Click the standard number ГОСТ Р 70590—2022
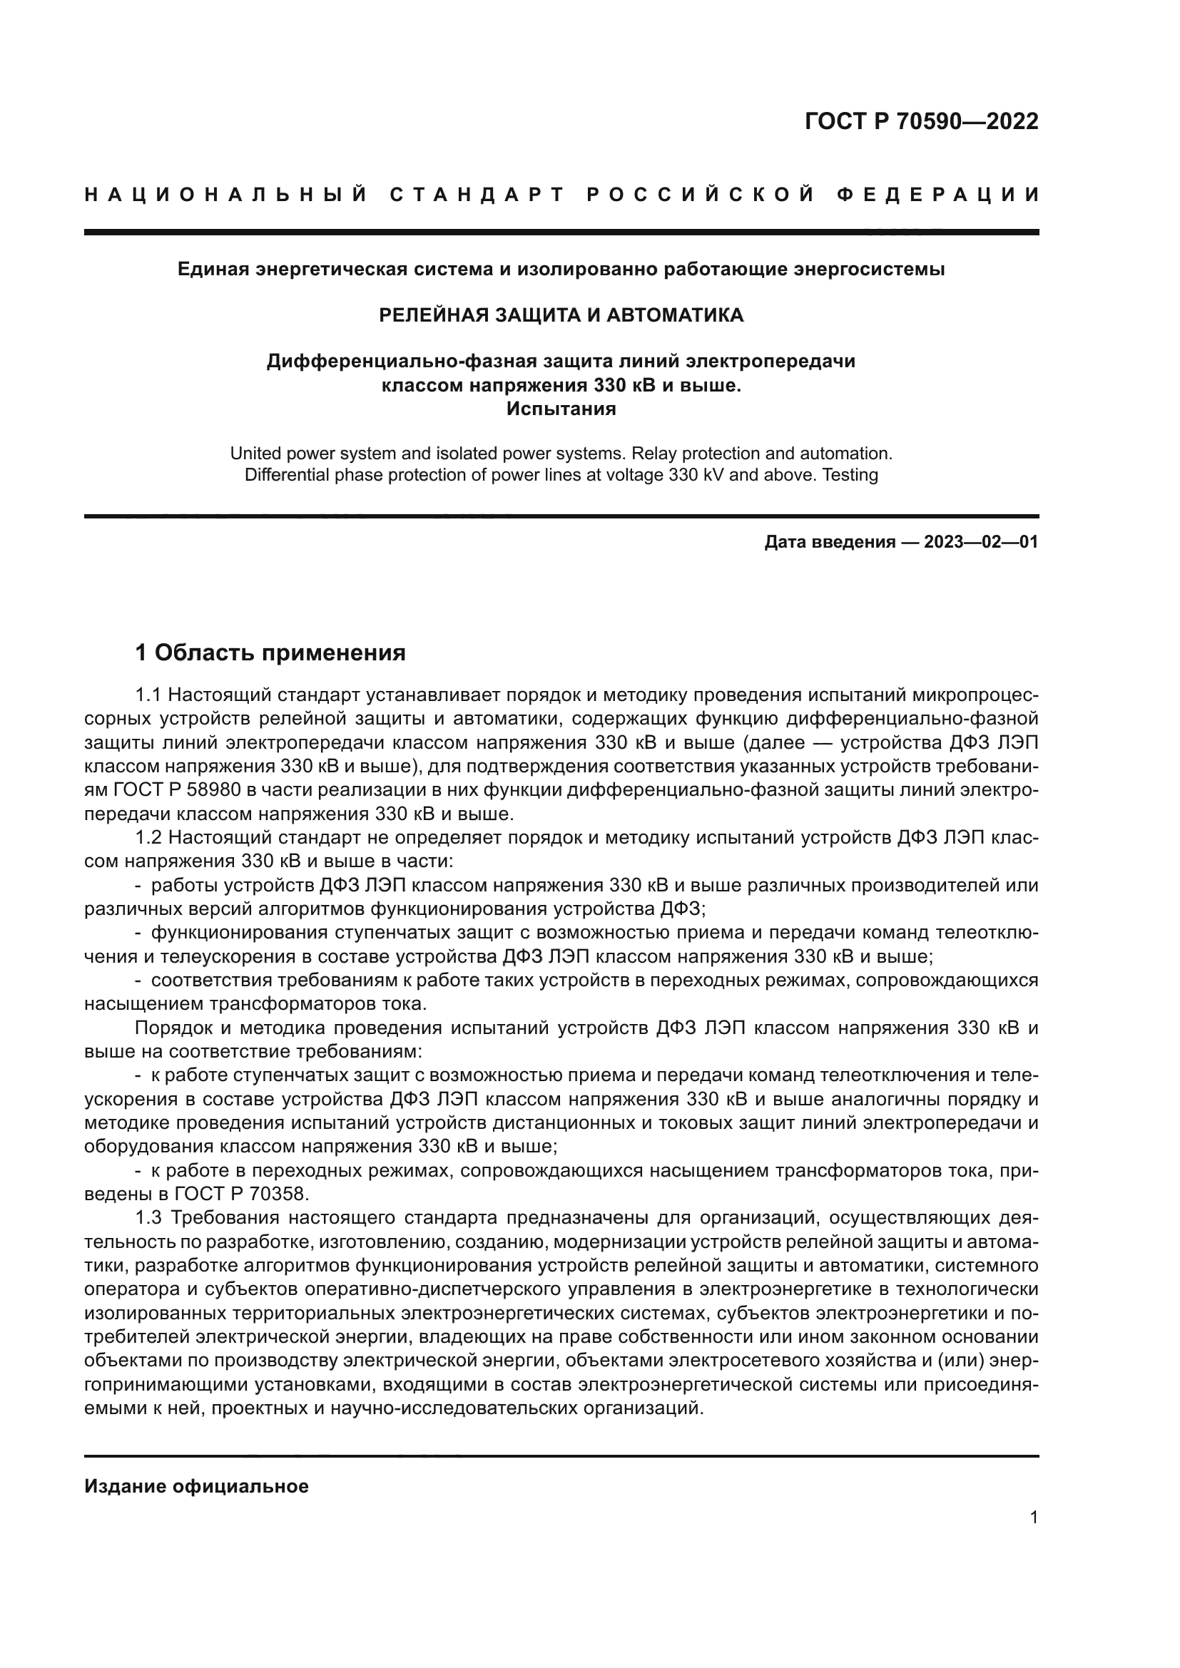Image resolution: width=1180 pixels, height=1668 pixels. pyautogui.click(x=921, y=121)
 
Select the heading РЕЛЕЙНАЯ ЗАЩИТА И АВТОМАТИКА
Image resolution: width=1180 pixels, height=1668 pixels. pyautogui.click(x=561, y=314)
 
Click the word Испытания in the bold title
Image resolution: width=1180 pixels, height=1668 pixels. pyautogui.click(x=561, y=409)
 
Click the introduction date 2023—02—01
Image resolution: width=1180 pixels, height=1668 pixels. pyautogui.click(x=981, y=542)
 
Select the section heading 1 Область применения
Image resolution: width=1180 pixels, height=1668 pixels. pyautogui.click(x=270, y=653)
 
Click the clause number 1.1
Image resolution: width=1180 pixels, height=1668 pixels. pyautogui.click(x=148, y=695)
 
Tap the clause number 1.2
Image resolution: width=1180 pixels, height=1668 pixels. pyautogui.click(x=148, y=838)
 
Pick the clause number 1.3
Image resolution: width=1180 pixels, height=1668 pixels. pyautogui.click(x=148, y=1217)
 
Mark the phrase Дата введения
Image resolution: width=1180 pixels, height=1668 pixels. pyautogui.click(x=830, y=542)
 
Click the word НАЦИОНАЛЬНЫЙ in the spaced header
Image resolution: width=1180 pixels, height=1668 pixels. pyautogui.click(x=226, y=195)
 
